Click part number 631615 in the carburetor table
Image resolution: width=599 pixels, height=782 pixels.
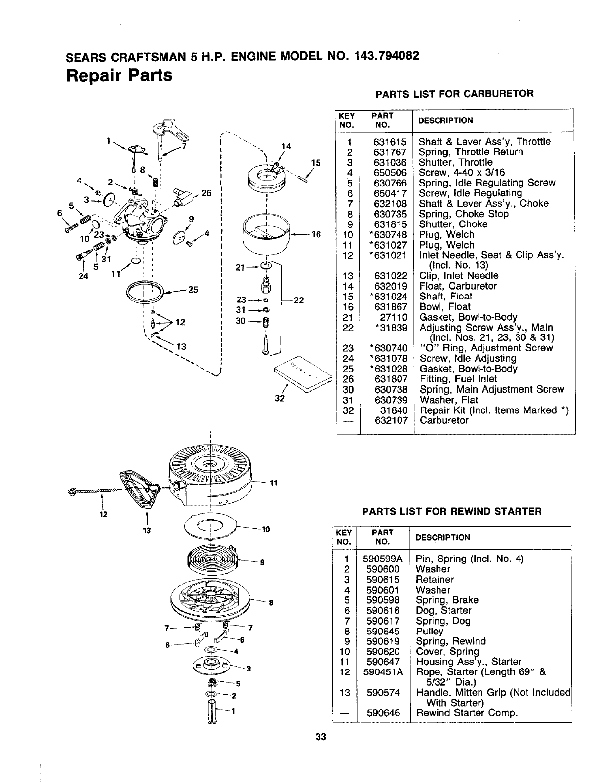(x=390, y=142)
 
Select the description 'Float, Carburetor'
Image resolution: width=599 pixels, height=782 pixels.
(x=458, y=286)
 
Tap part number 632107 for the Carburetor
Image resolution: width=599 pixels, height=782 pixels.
(x=391, y=420)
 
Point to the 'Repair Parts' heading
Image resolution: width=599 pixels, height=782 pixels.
(x=119, y=75)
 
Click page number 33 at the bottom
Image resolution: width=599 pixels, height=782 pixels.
(x=321, y=737)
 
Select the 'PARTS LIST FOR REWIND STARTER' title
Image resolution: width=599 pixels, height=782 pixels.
(x=452, y=511)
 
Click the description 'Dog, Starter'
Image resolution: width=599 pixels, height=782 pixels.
(x=443, y=610)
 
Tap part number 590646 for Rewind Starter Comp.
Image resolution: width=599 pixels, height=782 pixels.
(x=383, y=713)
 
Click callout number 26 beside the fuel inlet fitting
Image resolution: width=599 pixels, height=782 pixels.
(x=207, y=193)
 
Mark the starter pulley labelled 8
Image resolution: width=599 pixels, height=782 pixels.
(x=210, y=602)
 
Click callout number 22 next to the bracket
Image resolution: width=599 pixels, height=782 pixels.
(x=299, y=300)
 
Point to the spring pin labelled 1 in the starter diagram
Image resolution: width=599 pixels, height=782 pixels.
(x=212, y=712)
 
